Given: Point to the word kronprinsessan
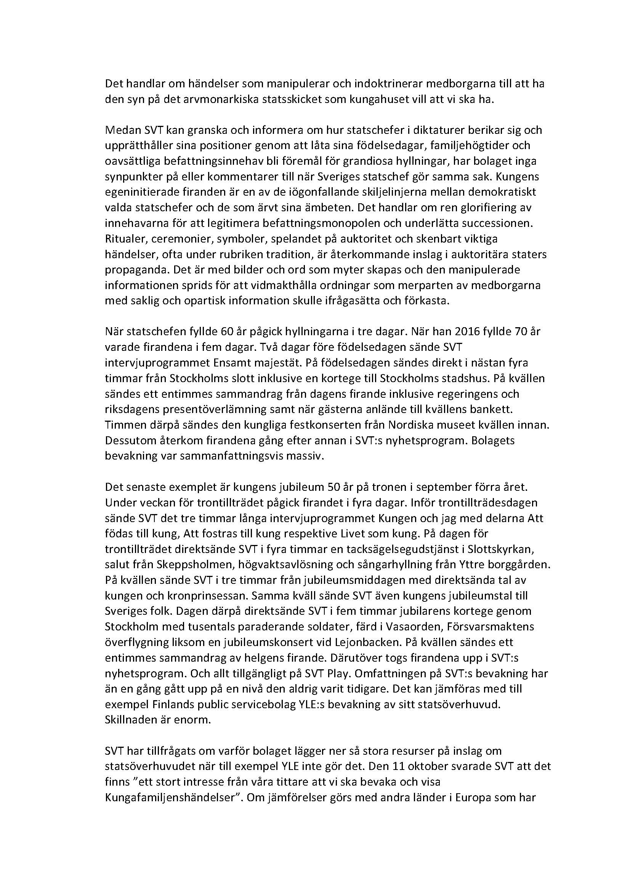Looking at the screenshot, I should coord(196,596).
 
